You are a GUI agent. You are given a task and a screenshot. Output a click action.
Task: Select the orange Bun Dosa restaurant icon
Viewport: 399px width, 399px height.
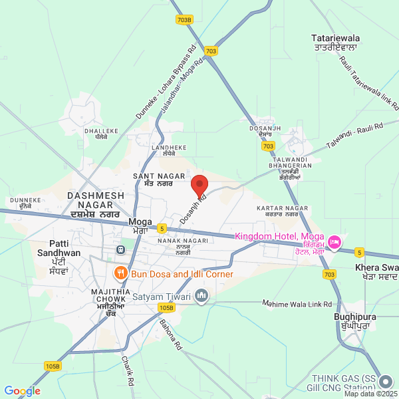(x=120, y=273)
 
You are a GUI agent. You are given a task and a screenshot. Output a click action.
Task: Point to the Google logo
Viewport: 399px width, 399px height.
(x=22, y=391)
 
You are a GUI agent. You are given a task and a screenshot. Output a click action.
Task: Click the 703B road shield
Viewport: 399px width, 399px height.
(x=185, y=20)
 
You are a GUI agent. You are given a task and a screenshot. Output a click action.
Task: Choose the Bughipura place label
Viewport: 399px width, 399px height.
(x=351, y=322)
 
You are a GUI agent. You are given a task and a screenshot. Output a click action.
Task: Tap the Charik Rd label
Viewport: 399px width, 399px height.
(x=128, y=371)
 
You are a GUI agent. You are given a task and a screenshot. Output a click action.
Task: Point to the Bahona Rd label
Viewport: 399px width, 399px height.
(x=170, y=334)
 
